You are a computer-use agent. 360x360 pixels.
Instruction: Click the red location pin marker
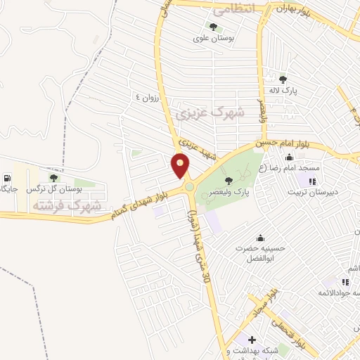coord(181,166)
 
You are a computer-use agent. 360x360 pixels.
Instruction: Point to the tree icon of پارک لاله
coord(283,79)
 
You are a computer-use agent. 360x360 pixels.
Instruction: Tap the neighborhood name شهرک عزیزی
coord(210,112)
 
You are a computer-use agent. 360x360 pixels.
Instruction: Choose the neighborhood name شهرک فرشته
coord(67,206)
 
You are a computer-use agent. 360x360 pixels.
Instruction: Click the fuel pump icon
coord(8,178)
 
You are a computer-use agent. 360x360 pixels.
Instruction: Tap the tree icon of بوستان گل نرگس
coord(53,178)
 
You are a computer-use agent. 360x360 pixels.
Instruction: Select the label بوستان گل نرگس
coord(51,190)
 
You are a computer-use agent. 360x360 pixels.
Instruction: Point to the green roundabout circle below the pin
coord(190,187)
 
